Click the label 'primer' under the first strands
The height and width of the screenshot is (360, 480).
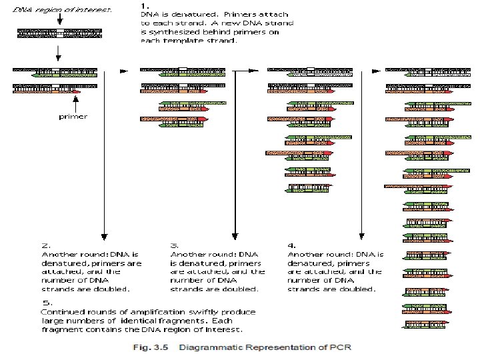73,116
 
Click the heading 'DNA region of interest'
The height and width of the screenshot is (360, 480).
63,10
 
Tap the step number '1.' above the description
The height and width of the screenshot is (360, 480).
145,4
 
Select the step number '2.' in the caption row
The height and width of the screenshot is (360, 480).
46,245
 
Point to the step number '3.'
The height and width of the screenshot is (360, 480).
174,245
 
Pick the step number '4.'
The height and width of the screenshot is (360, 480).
291,245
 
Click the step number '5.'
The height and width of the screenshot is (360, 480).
45,303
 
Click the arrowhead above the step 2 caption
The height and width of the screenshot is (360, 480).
103,235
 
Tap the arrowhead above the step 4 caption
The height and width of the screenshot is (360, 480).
361,235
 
